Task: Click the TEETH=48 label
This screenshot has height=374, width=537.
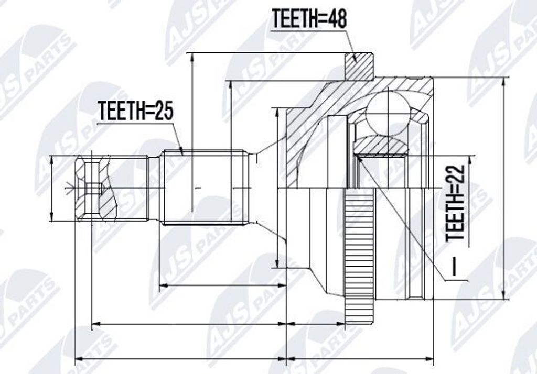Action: (309, 18)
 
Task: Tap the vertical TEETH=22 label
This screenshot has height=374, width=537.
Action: (456, 203)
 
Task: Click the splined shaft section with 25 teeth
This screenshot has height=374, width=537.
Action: (205, 188)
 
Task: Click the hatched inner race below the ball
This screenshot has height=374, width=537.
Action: (380, 146)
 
